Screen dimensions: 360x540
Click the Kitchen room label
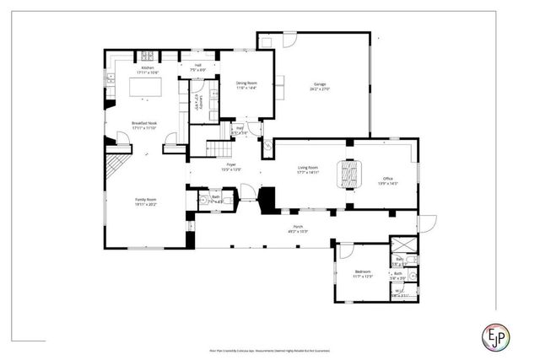(148, 69)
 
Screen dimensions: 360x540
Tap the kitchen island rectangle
(144, 87)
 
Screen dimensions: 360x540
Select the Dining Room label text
(246, 84)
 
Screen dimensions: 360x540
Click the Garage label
(319, 86)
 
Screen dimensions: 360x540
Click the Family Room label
(146, 201)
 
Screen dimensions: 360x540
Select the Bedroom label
(363, 272)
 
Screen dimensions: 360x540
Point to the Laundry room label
(197, 105)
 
